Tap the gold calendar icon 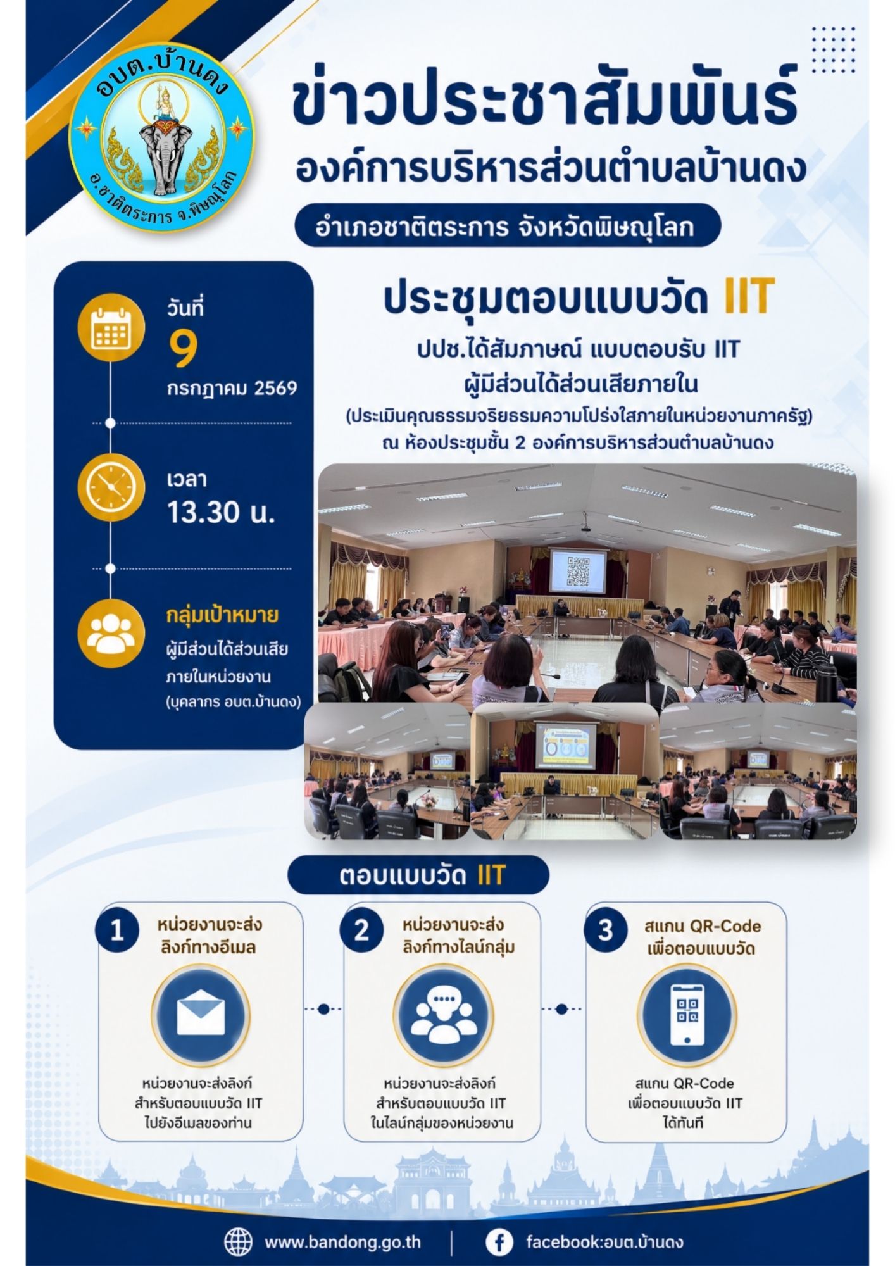111,328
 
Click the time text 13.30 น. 221,512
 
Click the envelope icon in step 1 201,1015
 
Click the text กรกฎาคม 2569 232,389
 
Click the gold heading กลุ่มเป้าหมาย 222,615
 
